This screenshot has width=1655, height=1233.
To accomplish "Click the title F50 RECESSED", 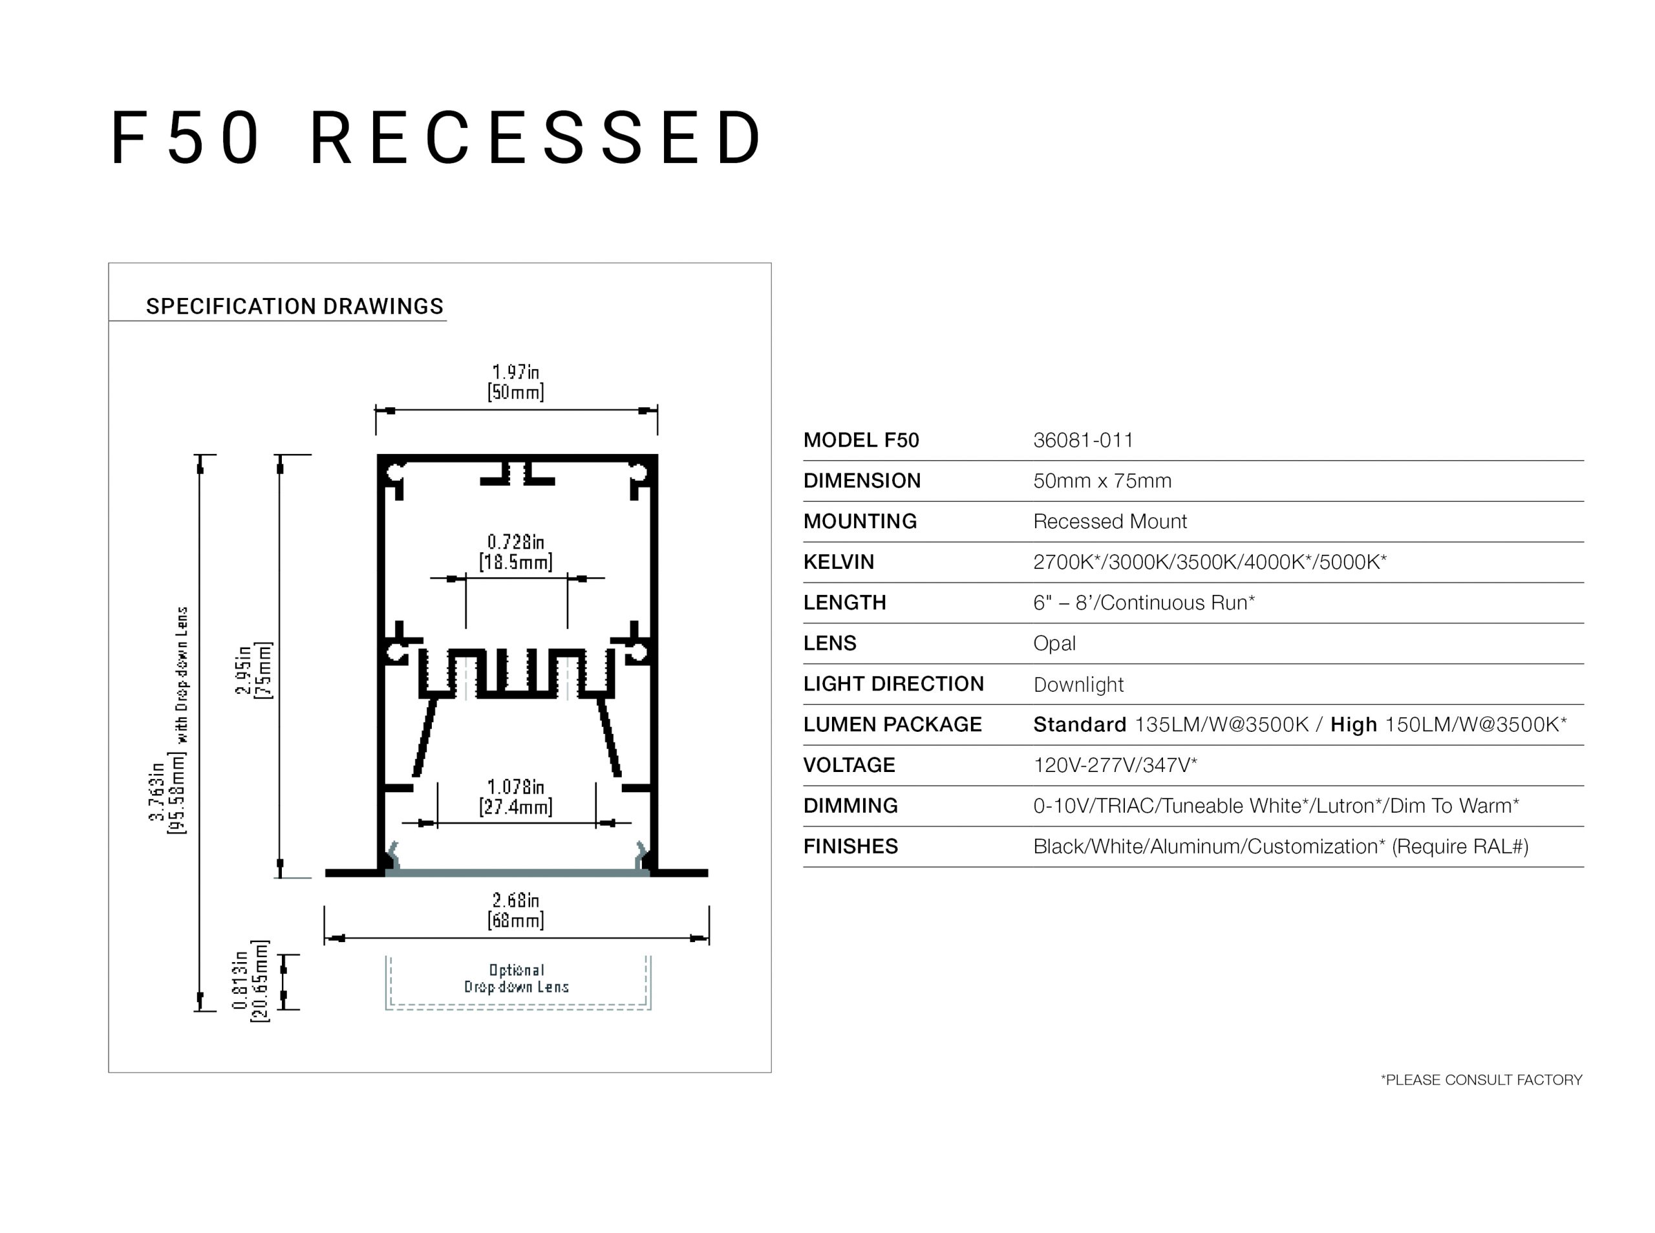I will tap(437, 138).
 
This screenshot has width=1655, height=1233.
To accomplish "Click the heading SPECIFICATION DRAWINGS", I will tap(294, 306).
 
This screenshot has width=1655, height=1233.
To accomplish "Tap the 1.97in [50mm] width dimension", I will tap(516, 381).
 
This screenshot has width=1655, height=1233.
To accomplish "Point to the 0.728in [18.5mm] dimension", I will tap(516, 552).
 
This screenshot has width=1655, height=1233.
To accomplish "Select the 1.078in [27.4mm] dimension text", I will tap(516, 797).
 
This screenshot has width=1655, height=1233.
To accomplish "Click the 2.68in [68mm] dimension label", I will tap(516, 910).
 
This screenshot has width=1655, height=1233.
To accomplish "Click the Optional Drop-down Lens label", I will tap(517, 978).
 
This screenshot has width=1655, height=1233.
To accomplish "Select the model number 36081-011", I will tap(1083, 440).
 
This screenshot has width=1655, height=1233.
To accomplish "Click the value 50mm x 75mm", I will tap(1102, 480).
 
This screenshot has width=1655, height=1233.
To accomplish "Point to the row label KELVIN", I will tap(838, 562).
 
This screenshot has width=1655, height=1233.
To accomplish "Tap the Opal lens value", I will tap(1054, 643).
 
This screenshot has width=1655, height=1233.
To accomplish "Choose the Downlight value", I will tap(1078, 685).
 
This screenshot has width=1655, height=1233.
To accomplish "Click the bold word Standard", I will tap(1079, 725).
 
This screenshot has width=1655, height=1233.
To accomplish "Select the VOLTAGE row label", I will tap(848, 765).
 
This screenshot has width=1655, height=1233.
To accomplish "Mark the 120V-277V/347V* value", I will tap(1115, 765).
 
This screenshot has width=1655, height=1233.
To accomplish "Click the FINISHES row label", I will tap(850, 846).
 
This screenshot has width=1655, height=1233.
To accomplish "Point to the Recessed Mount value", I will tap(1109, 522).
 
